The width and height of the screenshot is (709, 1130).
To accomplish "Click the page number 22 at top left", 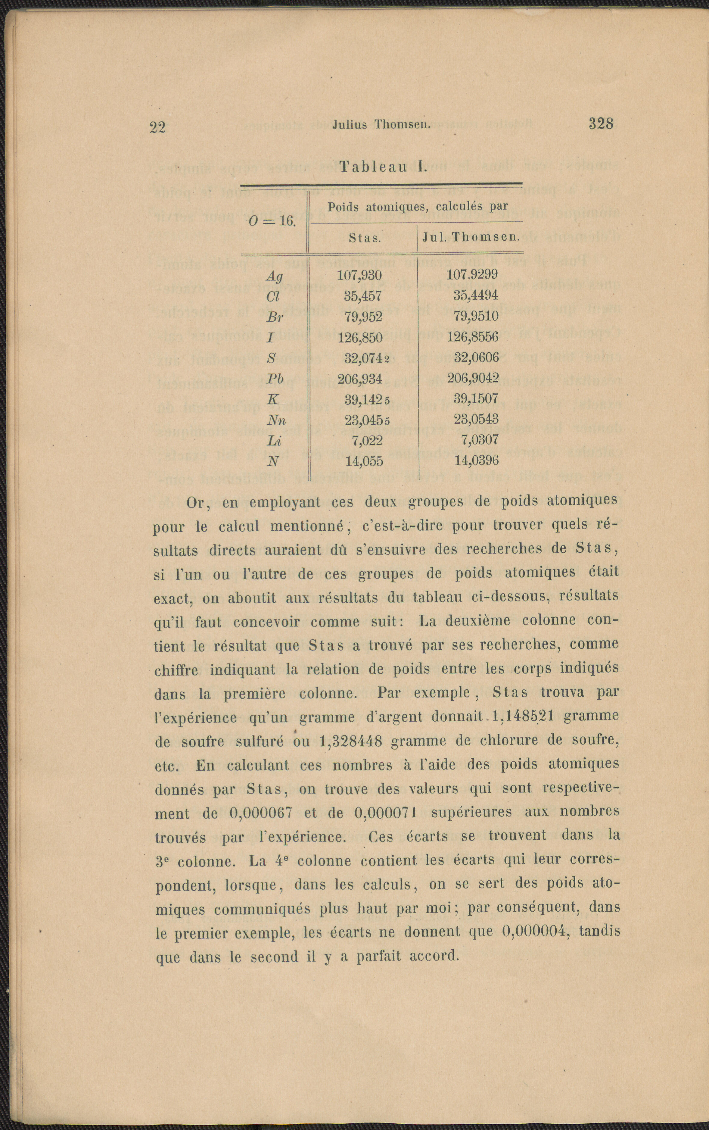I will pyautogui.click(x=157, y=127).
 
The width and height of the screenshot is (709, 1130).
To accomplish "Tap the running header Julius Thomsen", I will pyautogui.click(x=381, y=125).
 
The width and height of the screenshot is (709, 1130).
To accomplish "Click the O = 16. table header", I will pyautogui.click(x=272, y=220).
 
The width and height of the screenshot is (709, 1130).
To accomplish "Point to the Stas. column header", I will pyautogui.click(x=365, y=238).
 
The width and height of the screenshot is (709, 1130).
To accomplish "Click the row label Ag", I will pyautogui.click(x=274, y=277).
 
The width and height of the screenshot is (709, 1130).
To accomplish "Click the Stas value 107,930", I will pyautogui.click(x=360, y=275).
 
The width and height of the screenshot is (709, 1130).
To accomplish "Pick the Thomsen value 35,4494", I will pyautogui.click(x=475, y=295).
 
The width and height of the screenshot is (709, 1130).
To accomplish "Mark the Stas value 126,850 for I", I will pyautogui.click(x=360, y=337).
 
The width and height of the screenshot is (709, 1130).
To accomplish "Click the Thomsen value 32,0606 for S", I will pyautogui.click(x=476, y=357).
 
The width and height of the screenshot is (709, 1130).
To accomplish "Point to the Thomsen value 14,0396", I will pyautogui.click(x=476, y=460).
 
